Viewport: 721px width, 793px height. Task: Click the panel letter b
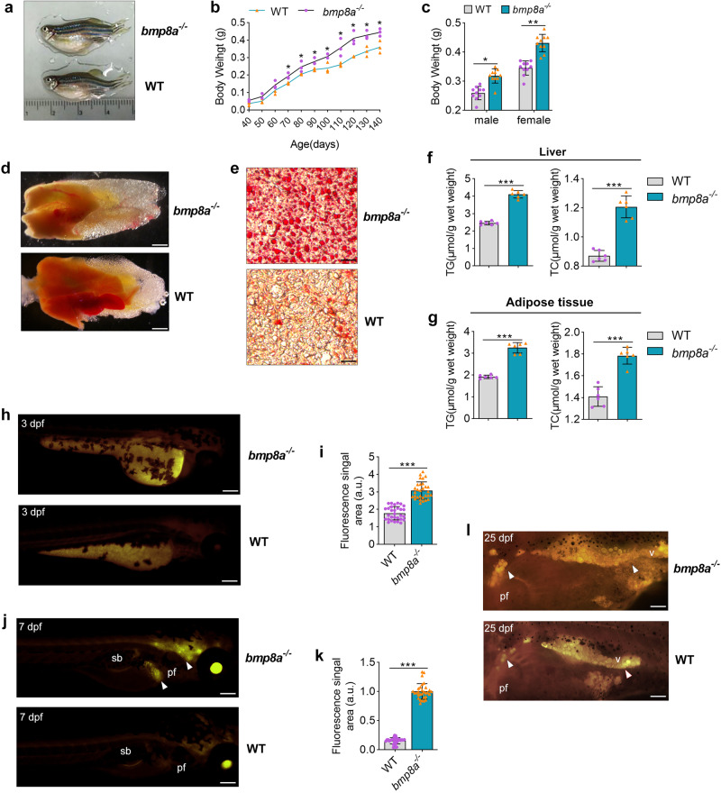[215, 8]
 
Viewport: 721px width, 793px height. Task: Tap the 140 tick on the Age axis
[376, 123]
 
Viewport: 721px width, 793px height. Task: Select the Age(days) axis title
[315, 144]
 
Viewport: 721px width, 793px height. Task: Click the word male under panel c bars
[487, 120]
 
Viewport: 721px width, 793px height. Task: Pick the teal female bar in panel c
[543, 77]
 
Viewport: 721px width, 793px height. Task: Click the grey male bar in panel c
[479, 101]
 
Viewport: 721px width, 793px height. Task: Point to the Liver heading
[552, 151]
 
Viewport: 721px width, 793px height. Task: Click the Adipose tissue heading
[550, 302]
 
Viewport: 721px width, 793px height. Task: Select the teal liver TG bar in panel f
[517, 230]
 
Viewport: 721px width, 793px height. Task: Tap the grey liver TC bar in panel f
[598, 261]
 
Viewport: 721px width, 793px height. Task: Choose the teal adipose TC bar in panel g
[627, 387]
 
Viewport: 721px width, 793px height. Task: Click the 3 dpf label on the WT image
[33, 512]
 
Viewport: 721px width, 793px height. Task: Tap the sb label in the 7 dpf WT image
[125, 751]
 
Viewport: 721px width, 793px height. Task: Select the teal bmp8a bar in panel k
[423, 720]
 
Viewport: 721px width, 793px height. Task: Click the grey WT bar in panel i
[395, 528]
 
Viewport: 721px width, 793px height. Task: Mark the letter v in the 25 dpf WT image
[617, 660]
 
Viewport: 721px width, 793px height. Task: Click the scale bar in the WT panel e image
[349, 361]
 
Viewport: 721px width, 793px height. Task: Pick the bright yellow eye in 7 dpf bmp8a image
[217, 668]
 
